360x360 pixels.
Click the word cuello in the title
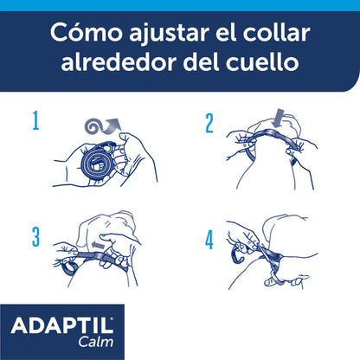pos(267,65)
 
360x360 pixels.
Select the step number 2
pos(209,122)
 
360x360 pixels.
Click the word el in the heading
pos(228,35)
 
